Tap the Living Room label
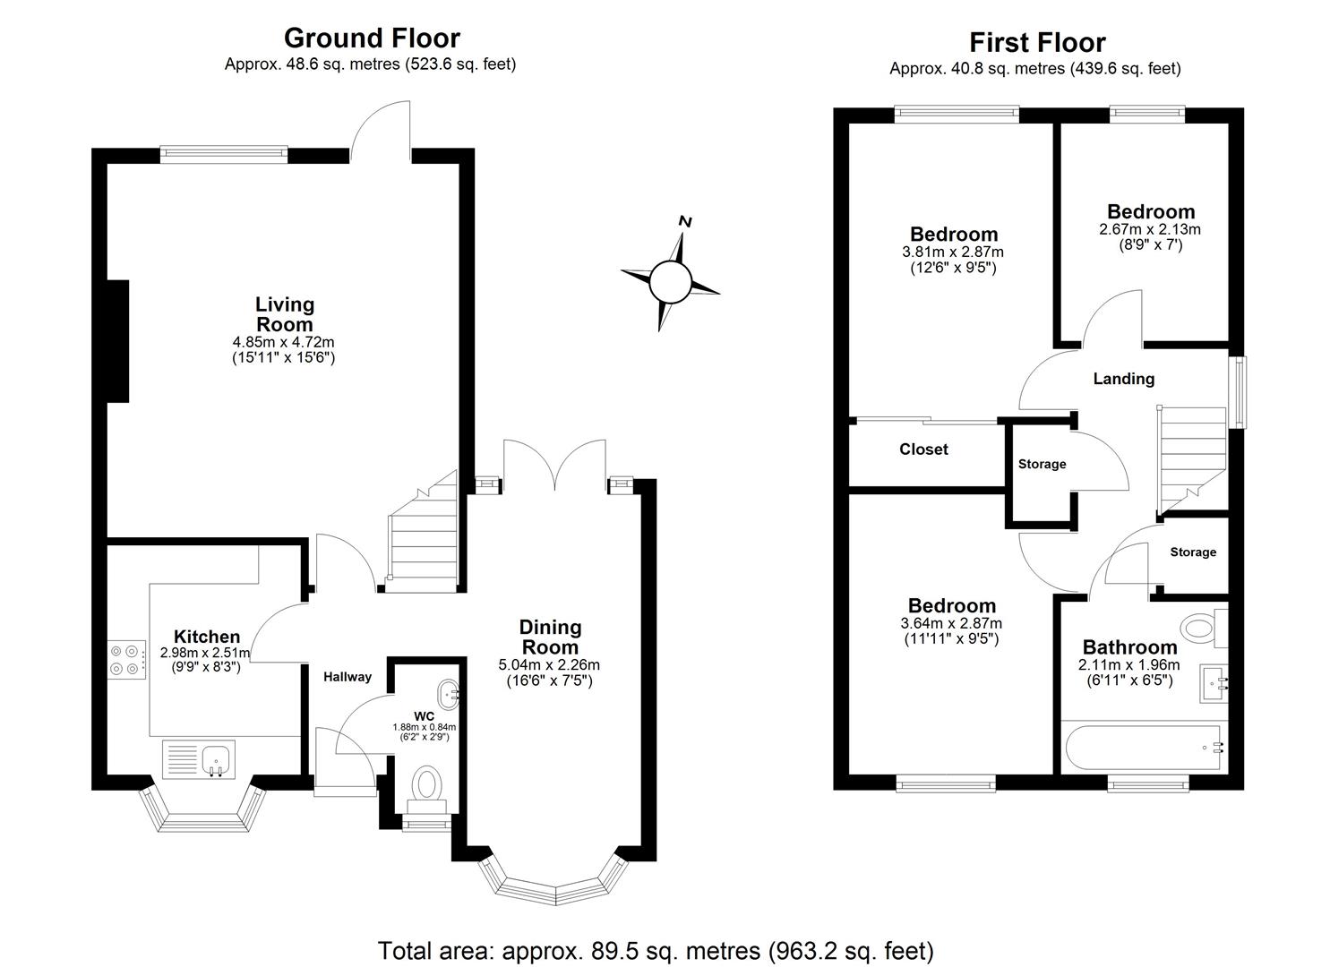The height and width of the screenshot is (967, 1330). pos(285,314)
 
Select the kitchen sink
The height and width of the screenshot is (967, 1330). pos(216,760)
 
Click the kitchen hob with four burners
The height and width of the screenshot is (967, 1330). pos(125,659)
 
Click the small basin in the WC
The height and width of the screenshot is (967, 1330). pos(448,692)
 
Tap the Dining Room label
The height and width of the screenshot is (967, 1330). pos(551,637)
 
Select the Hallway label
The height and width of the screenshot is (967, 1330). pos(348,677)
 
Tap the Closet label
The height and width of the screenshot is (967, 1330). pos(923,449)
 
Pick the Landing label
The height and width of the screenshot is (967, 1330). pos(1123,379)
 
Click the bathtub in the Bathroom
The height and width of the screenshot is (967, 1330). pos(1143,747)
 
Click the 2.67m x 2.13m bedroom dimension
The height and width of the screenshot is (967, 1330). pos(1150,229)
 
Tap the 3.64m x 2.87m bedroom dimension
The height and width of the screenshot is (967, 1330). pos(951,623)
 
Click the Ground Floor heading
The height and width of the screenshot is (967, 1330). pos(372,38)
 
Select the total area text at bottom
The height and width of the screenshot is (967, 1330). pos(656,950)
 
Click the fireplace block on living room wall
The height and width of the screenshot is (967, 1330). pos(117,341)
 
